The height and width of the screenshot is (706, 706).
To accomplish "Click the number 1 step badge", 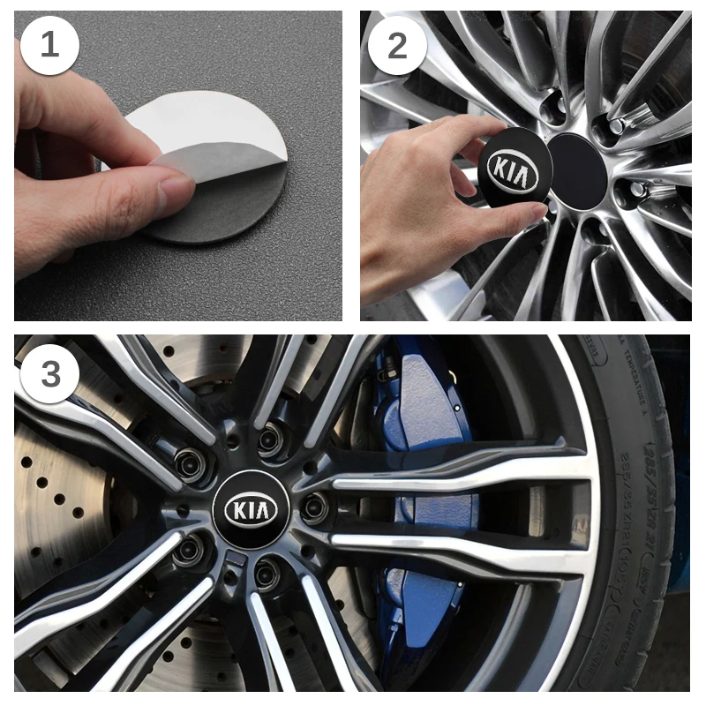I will coord(49,44).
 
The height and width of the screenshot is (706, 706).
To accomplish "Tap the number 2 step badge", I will coord(397,44).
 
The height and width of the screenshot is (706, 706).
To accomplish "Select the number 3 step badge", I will coord(49,373).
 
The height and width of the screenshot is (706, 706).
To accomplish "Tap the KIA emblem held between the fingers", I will coord(514,169).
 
